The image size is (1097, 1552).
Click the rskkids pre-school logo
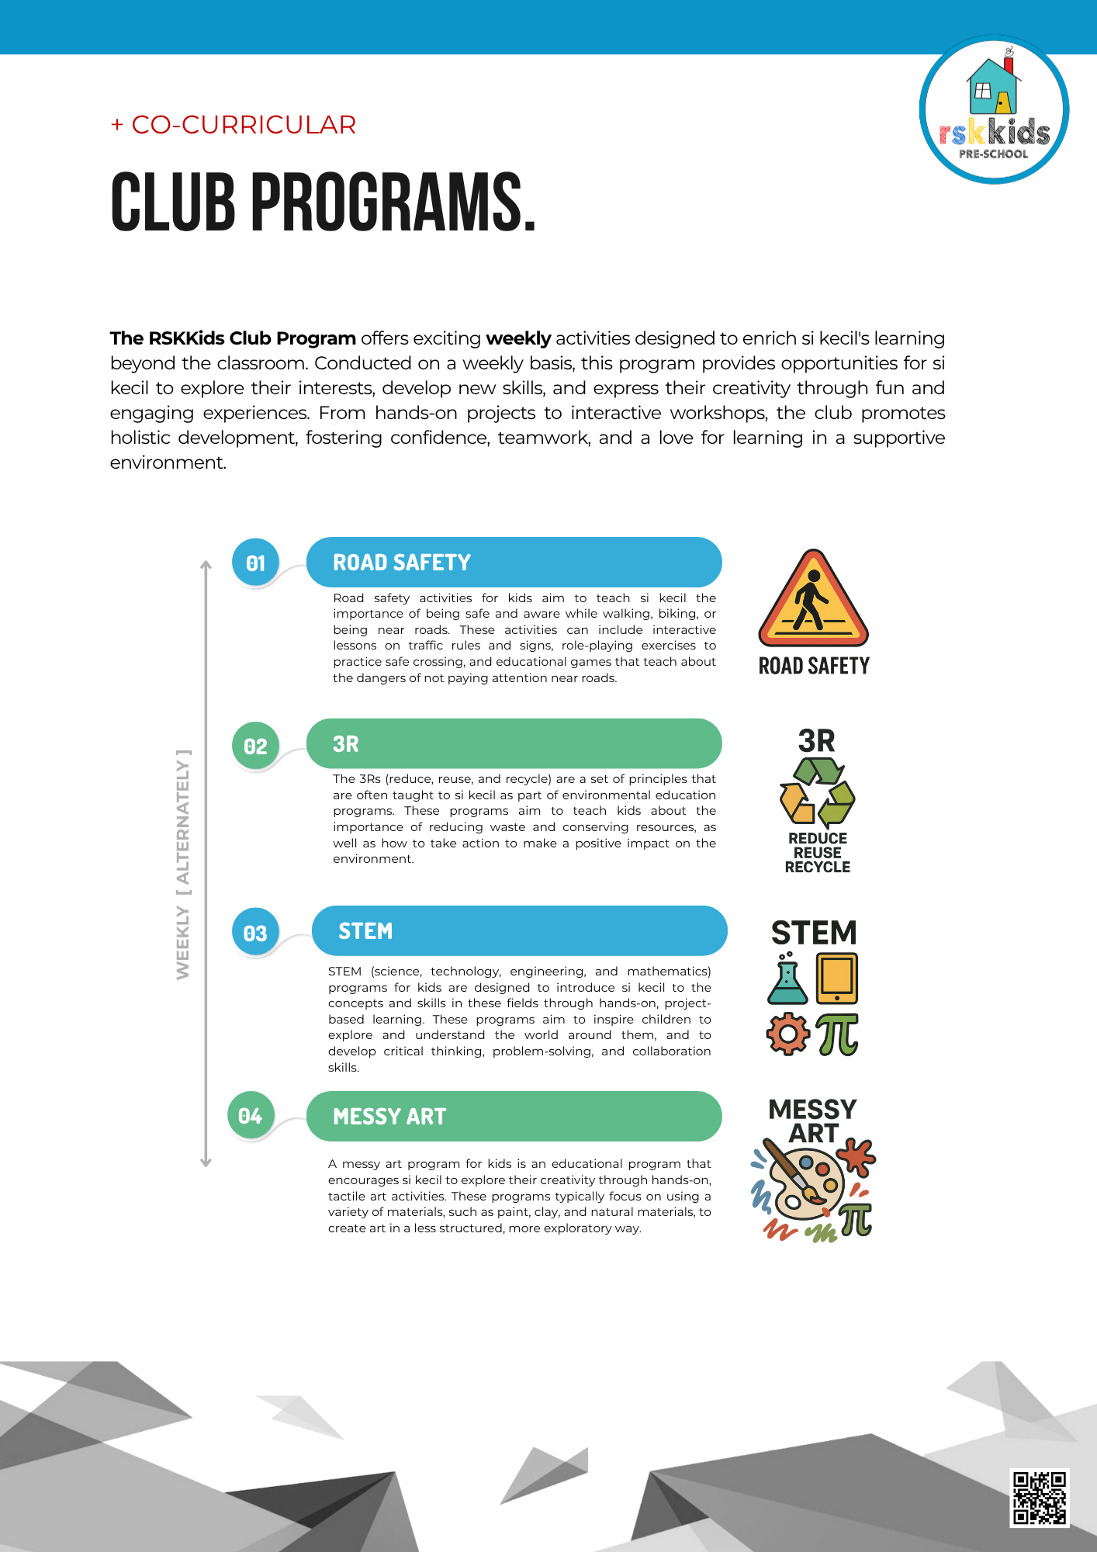click(x=994, y=110)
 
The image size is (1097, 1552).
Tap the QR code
click(x=1039, y=1498)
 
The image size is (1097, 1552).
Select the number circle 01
click(x=255, y=563)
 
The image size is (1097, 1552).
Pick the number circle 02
click(x=255, y=746)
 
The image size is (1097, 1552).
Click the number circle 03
click(x=255, y=933)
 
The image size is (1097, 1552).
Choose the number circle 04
click(x=251, y=1116)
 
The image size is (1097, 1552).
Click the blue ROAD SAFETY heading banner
click(x=514, y=563)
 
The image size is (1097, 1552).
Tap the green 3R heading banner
click(x=514, y=743)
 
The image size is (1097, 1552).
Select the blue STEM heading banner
click(x=519, y=930)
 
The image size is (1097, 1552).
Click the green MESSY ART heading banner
click(x=514, y=1116)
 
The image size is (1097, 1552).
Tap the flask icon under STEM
click(x=787, y=979)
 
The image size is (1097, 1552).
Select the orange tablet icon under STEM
click(x=837, y=979)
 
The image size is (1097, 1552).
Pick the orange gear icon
click(x=787, y=1034)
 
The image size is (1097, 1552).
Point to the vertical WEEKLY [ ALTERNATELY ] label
click(x=182, y=864)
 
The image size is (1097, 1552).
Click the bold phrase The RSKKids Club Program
click(x=233, y=338)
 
